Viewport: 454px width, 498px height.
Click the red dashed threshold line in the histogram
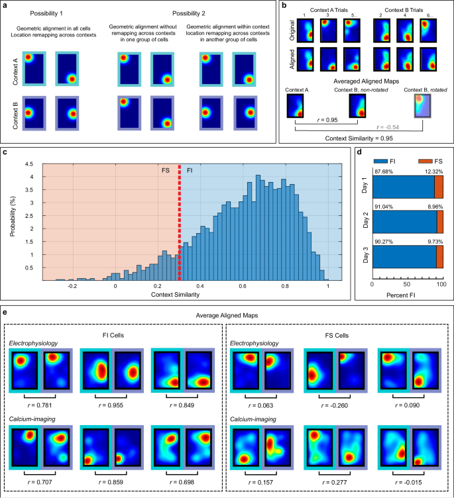coord(180,225)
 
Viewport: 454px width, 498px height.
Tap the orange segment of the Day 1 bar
coord(438,188)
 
